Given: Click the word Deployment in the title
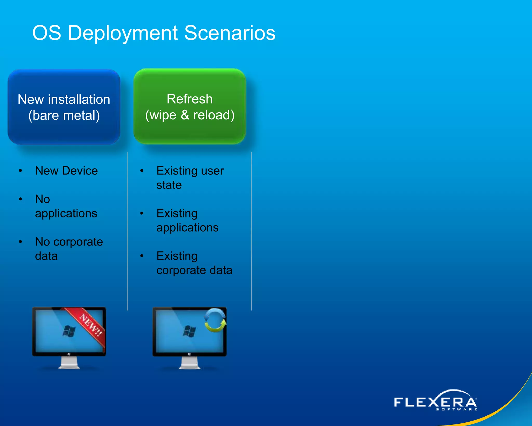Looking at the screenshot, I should click(123, 33).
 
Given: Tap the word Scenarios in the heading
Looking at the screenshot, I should click(230, 33).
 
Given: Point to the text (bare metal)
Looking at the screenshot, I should click(64, 115).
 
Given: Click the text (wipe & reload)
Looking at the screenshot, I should click(190, 115).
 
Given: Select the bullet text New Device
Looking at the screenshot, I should click(66, 171).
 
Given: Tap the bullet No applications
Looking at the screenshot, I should click(66, 206).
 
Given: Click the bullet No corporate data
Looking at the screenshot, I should click(69, 249).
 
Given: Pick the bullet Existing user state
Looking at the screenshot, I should click(190, 178).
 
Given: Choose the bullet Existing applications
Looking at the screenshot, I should click(187, 221).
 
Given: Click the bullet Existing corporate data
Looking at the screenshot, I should click(194, 263).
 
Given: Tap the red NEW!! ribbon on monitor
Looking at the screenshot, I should click(90, 325).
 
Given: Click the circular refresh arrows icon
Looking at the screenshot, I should click(215, 320).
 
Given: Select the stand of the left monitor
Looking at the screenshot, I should click(69, 363).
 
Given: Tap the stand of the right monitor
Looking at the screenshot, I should click(189, 363).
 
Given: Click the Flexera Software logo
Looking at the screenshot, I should click(435, 401).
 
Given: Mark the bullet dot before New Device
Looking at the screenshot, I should click(21, 171).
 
